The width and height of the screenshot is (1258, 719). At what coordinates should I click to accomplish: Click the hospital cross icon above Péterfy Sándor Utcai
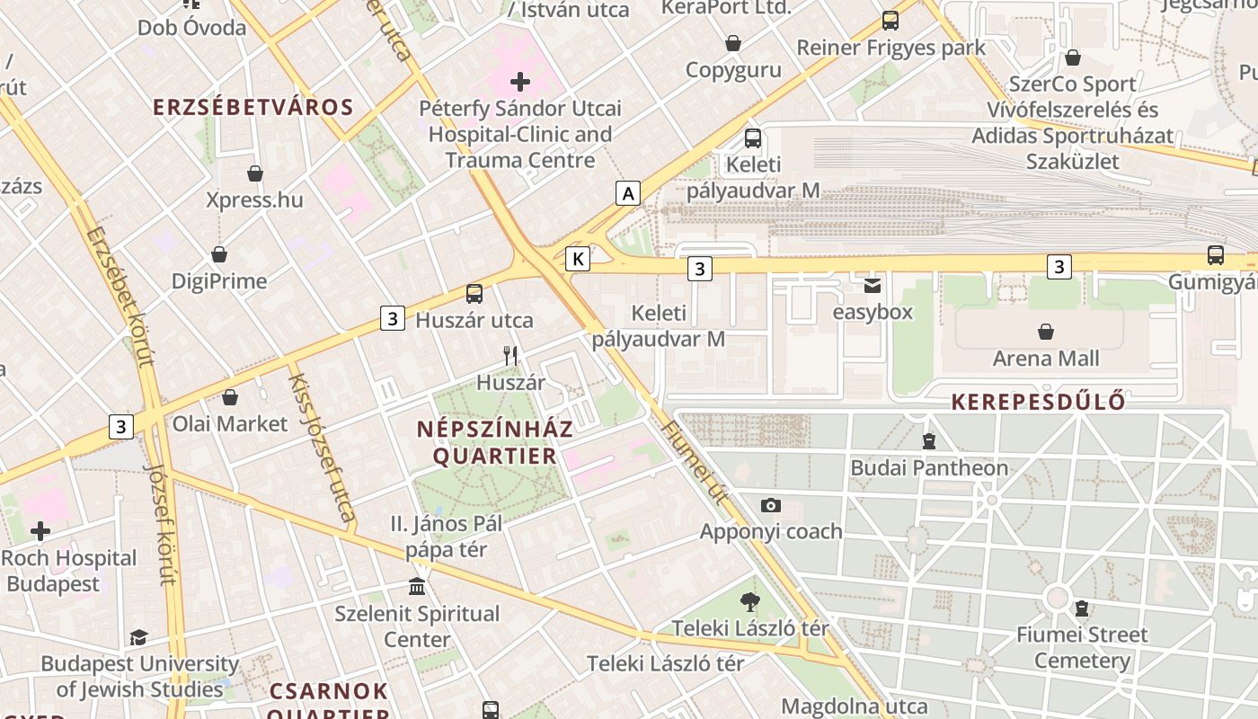[x=520, y=83]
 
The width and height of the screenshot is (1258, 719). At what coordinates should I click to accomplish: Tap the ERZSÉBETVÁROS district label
[x=253, y=108]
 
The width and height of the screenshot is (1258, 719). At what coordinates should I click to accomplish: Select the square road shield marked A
[x=628, y=192]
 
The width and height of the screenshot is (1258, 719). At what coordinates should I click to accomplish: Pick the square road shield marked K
[x=578, y=259]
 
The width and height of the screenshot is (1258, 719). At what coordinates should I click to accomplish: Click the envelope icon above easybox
[x=872, y=286]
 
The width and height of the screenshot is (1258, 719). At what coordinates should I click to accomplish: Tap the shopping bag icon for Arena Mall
[x=1046, y=333]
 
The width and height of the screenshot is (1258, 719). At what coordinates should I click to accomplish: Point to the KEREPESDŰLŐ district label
[x=1038, y=401]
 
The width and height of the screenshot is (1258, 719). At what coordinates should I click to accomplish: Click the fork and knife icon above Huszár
[x=510, y=356]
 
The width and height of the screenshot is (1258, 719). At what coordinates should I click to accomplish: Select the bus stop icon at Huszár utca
[x=474, y=294]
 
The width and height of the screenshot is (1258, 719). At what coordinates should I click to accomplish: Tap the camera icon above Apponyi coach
[x=770, y=505]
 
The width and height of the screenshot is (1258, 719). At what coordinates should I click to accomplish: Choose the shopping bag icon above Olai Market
[x=230, y=397]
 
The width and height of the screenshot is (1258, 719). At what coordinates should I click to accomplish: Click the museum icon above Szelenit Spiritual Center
[x=417, y=587]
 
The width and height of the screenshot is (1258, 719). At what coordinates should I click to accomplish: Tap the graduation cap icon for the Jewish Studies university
[x=138, y=638]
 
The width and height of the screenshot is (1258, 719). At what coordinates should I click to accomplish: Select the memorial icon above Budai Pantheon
[x=929, y=441]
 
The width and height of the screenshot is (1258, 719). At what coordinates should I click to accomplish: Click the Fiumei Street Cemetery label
[x=1082, y=648]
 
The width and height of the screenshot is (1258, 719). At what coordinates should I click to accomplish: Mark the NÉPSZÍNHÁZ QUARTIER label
[x=495, y=443]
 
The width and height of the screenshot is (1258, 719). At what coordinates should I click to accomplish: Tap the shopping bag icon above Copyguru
[x=733, y=43]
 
